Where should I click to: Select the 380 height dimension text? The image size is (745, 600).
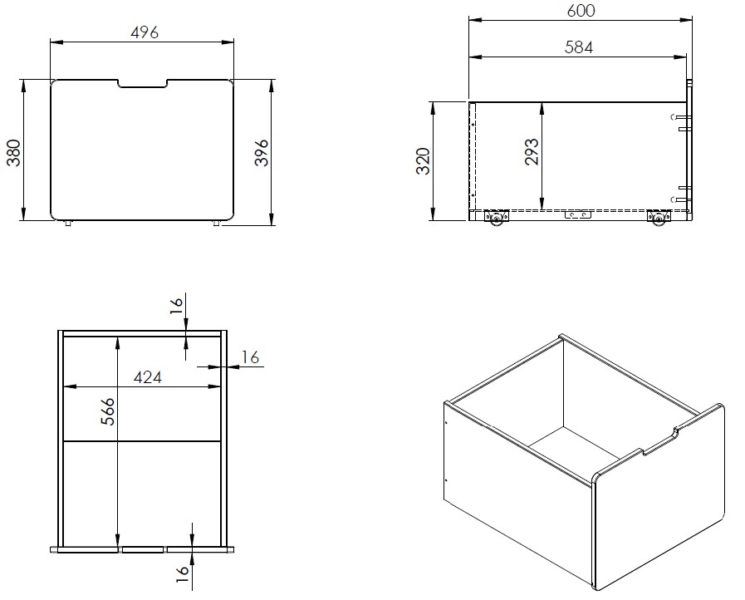click(x=14, y=151)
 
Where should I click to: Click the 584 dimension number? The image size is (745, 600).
click(x=579, y=47)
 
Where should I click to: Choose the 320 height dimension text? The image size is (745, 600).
click(x=422, y=161)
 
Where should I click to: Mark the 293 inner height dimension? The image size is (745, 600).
click(x=532, y=151)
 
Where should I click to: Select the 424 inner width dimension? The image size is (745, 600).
click(x=147, y=376)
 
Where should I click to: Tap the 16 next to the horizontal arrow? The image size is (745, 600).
click(x=249, y=357)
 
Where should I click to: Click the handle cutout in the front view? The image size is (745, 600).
click(x=142, y=84)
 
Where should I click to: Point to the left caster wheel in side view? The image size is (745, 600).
click(x=497, y=219)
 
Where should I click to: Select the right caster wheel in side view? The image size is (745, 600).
click(x=659, y=219)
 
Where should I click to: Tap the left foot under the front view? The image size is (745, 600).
click(x=67, y=223)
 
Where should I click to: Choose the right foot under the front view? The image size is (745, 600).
click(x=217, y=223)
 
